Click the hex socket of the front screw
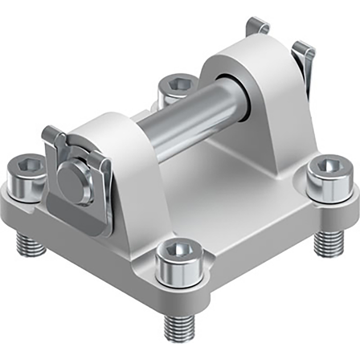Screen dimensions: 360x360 [x=177, y=250]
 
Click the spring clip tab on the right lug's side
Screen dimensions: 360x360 [x=304, y=64]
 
